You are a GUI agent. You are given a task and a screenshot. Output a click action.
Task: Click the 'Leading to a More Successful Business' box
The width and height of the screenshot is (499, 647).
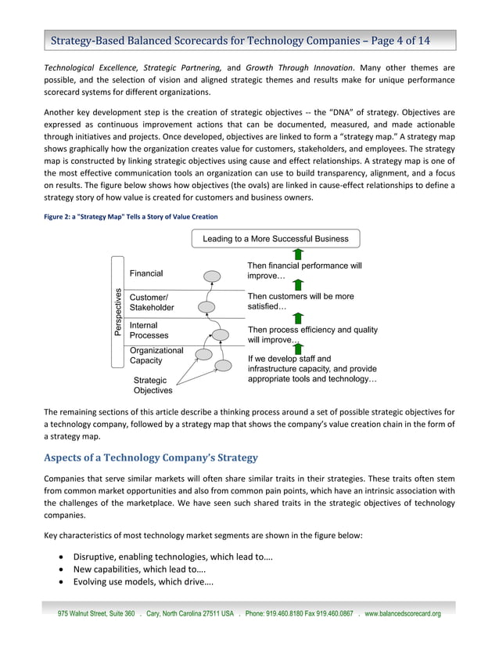[x=275, y=238]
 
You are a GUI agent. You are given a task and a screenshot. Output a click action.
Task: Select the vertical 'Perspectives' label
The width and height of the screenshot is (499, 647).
[x=117, y=312]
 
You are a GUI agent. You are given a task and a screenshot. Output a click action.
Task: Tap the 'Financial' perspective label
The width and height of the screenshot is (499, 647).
[x=146, y=273]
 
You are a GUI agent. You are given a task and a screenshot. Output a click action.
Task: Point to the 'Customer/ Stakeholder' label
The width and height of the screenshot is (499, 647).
[x=151, y=302]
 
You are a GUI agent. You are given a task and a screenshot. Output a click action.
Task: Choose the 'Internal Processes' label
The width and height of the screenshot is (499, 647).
[x=149, y=331]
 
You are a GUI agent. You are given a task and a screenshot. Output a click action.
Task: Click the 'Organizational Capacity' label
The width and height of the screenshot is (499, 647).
[x=156, y=356]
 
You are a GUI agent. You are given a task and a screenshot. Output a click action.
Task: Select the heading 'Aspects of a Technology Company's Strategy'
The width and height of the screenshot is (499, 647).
[x=150, y=457]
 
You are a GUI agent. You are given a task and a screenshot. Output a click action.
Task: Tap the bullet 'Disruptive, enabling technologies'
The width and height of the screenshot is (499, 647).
[x=173, y=556]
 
